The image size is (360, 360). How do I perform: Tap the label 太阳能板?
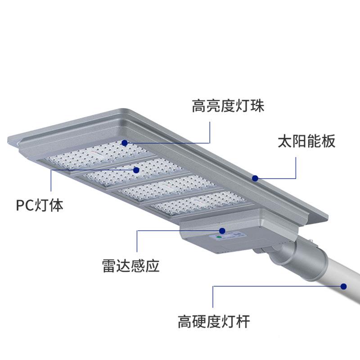point(306,141)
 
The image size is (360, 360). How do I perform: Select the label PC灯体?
point(40,206)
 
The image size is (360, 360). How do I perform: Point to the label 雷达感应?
point(131,266)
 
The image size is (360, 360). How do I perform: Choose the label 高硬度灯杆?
point(214,322)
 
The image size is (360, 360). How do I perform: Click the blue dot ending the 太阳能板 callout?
point(255,178)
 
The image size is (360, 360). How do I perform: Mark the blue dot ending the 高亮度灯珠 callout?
point(125,143)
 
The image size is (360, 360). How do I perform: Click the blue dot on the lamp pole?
point(344,286)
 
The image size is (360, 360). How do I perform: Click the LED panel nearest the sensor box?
point(198,203)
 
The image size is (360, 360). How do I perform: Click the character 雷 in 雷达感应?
point(109,266)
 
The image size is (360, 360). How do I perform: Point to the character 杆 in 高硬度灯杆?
point(243,322)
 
